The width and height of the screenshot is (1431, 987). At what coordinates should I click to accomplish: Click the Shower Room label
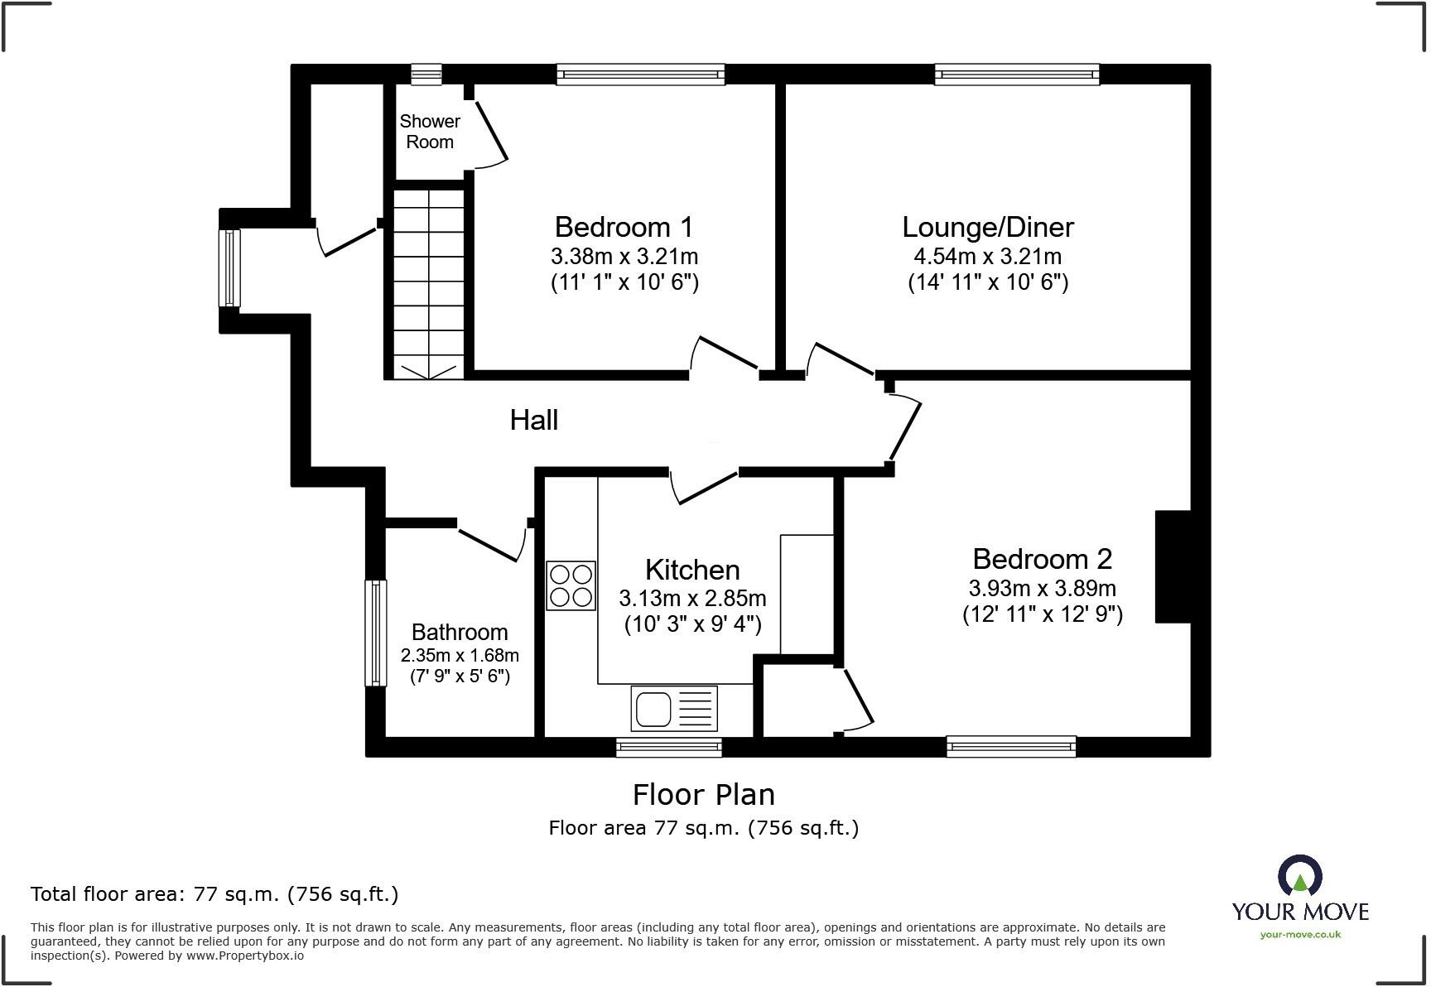pos(430,132)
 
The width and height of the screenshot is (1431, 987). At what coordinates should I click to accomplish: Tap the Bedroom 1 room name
pos(624,227)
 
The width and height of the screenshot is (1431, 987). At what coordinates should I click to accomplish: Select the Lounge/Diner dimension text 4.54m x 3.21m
pos(987,257)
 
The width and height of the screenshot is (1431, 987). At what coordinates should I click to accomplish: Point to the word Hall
pos(533,421)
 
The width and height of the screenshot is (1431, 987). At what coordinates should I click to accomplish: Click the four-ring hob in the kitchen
pos(571,585)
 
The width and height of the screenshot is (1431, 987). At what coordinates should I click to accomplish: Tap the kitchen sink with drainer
pos(673,709)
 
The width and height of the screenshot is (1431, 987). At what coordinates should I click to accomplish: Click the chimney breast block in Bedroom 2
pos(1173,566)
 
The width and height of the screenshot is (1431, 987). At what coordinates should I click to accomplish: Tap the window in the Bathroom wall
pos(376,633)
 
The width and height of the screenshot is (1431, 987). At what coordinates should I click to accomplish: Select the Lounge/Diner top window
pos(1017,75)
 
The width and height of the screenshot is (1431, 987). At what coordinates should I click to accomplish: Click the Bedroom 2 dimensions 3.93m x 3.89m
pos(1042,589)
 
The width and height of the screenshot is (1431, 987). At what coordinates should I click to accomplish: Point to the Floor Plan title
pos(703,795)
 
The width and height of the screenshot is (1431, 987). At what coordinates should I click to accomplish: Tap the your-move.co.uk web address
pos(1300,935)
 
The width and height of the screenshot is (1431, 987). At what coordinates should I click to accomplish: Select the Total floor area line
pos(214,894)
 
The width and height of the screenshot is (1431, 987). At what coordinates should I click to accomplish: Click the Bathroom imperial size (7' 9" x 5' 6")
pos(460,676)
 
